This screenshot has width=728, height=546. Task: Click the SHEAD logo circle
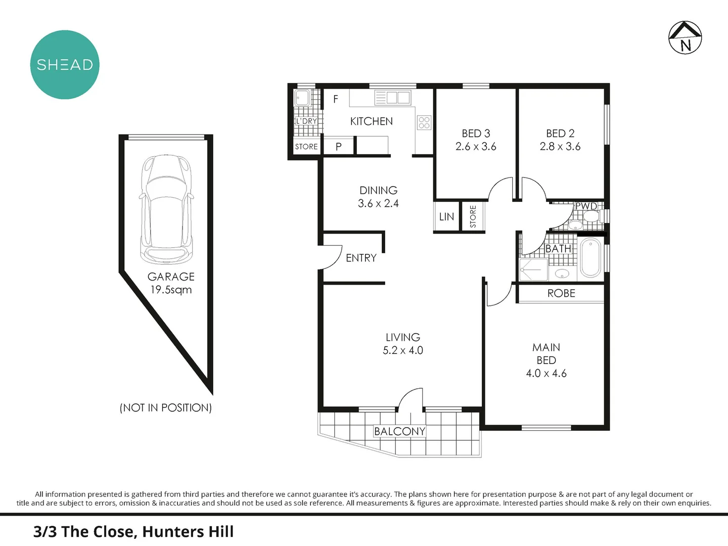65,65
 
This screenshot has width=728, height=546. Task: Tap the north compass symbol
685,37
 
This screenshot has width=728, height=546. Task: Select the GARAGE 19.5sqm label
171,283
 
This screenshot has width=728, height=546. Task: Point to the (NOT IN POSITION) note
166,407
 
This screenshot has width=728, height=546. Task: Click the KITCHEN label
371,121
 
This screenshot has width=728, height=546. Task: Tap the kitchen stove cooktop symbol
424,122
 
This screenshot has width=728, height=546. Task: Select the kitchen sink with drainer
392,98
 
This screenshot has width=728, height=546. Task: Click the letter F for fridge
336,100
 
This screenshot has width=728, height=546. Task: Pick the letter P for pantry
339,147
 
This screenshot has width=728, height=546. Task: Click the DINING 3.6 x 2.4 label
378,197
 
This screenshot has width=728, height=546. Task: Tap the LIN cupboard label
446,217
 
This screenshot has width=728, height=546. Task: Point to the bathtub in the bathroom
590,258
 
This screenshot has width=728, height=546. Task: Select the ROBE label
561,293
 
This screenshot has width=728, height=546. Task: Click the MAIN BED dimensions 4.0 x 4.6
546,374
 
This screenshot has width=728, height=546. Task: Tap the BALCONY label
399,431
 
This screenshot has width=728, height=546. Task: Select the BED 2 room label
560,133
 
